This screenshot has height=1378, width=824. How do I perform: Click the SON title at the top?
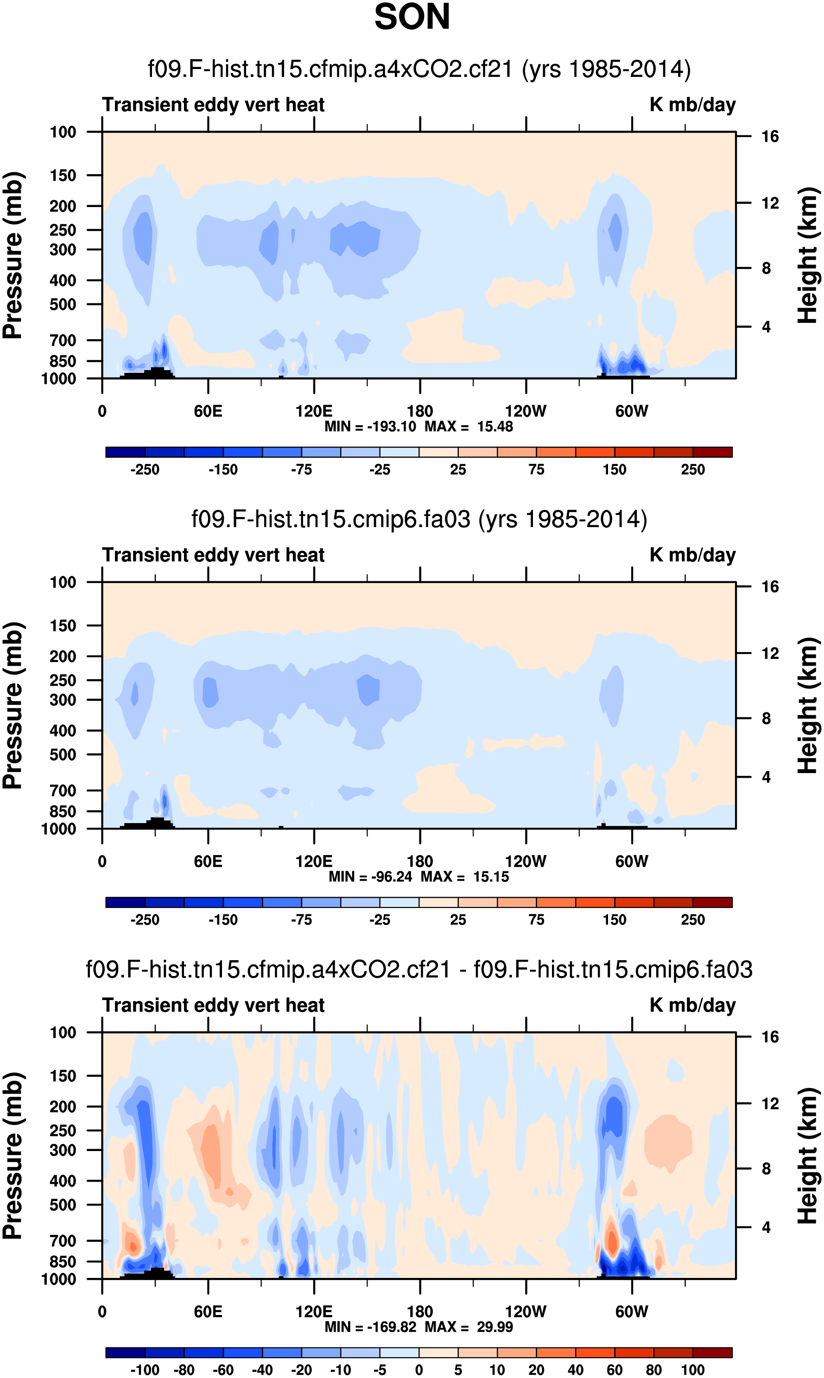(412, 17)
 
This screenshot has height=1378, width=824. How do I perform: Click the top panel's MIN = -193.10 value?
(370, 427)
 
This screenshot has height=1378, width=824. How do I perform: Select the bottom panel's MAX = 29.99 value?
(469, 1327)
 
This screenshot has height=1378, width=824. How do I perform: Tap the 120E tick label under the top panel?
(314, 411)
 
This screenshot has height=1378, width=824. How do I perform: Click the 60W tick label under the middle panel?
(631, 862)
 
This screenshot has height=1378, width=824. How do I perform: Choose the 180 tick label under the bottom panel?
(420, 1311)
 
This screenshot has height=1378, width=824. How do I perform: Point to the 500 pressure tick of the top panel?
(63, 305)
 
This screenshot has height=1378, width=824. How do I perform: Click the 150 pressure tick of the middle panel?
(63, 625)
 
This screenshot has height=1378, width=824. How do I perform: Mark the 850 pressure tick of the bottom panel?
(63, 1261)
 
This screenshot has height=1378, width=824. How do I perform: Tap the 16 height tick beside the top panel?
(770, 137)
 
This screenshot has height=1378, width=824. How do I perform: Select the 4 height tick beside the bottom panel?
(766, 1227)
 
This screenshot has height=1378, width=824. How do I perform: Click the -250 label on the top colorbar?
(145, 470)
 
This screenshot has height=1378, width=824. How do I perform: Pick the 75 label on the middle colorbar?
(536, 919)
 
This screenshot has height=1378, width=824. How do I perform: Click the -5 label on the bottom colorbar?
(380, 1370)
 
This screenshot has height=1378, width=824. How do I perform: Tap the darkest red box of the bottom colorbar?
(712, 1353)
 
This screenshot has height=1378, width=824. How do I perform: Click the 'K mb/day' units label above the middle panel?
(692, 555)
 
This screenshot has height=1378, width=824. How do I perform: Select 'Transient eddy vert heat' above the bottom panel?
(213, 1005)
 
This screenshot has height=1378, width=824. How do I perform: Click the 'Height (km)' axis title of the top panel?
(808, 255)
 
